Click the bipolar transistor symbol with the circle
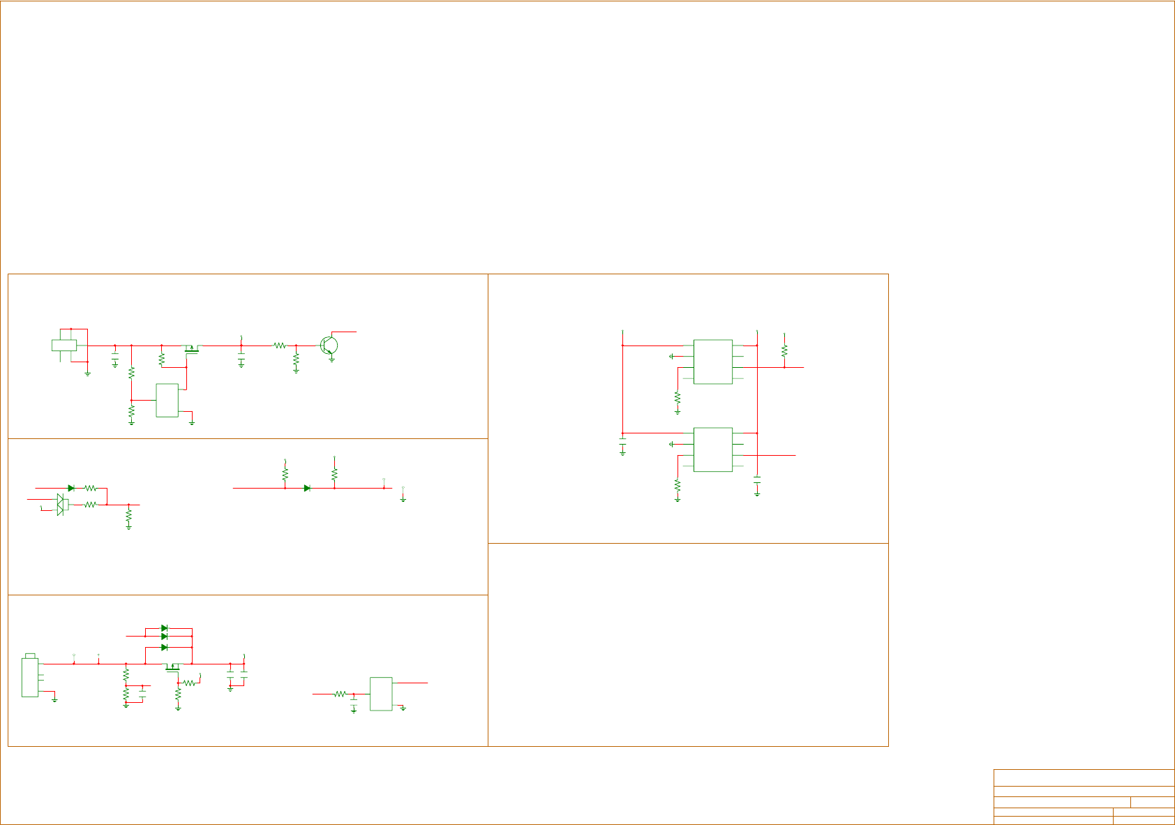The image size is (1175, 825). pyautogui.click(x=329, y=345)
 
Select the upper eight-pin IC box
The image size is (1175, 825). pyautogui.click(x=712, y=362)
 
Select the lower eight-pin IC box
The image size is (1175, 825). pyautogui.click(x=712, y=449)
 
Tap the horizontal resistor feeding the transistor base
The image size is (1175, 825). pyautogui.click(x=280, y=345)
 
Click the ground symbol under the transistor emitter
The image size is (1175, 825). pyautogui.click(x=331, y=359)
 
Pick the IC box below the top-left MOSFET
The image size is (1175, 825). pyautogui.click(x=167, y=400)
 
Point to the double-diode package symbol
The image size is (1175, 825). pyautogui.click(x=61, y=504)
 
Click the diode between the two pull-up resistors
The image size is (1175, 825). pyautogui.click(x=307, y=488)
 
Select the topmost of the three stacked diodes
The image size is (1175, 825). pyautogui.click(x=165, y=628)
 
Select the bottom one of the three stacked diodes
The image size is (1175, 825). pyautogui.click(x=165, y=648)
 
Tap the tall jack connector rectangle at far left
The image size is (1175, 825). pyautogui.click(x=29, y=677)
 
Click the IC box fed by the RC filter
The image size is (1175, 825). pyautogui.click(x=381, y=694)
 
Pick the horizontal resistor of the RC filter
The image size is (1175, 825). pyautogui.click(x=340, y=694)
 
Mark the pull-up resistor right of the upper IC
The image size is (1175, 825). pyautogui.click(x=784, y=350)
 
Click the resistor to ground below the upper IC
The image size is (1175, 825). pyautogui.click(x=678, y=398)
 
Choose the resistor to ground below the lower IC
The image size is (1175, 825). pyautogui.click(x=678, y=485)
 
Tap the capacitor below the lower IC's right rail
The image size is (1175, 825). pyautogui.click(x=757, y=481)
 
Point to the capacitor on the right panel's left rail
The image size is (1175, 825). pyautogui.click(x=622, y=442)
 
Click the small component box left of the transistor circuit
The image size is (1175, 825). pyautogui.click(x=64, y=345)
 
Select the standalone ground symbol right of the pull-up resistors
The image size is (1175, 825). pyautogui.click(x=403, y=498)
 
